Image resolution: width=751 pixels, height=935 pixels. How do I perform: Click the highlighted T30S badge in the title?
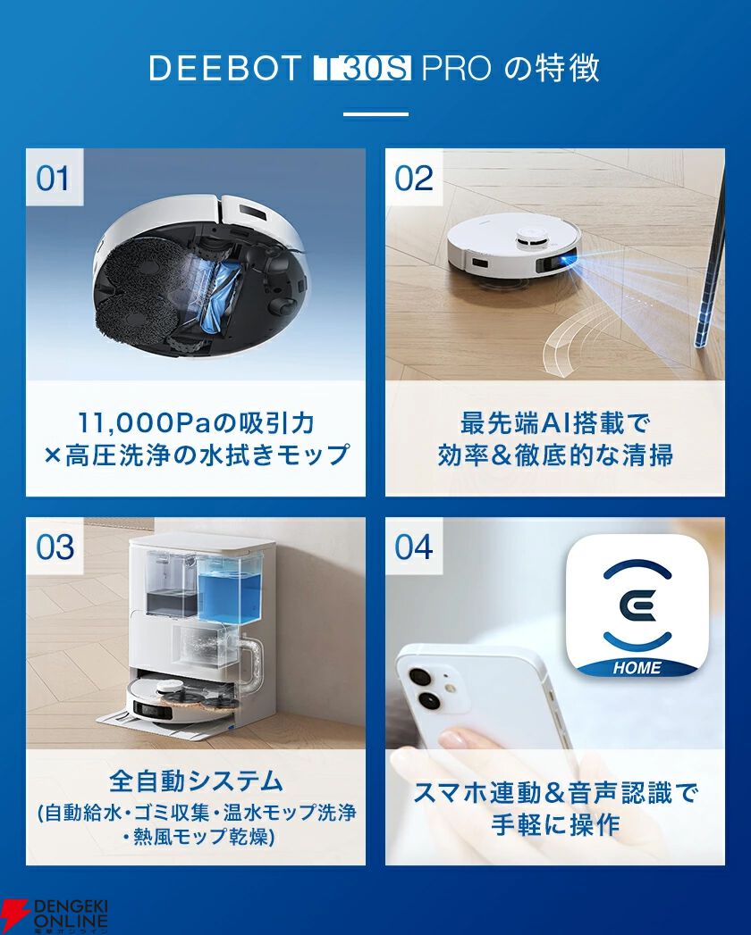(363, 69)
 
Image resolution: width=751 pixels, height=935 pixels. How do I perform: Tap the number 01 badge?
(54, 179)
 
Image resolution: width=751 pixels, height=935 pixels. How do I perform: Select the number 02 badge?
(413, 179)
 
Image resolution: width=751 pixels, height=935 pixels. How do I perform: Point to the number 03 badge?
(54, 547)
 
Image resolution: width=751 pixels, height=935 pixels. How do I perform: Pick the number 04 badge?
(413, 547)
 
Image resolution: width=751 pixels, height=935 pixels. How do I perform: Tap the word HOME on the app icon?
(637, 668)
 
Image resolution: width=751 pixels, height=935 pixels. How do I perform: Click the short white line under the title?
(375, 114)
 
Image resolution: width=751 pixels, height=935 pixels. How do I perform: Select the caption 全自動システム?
(196, 782)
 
